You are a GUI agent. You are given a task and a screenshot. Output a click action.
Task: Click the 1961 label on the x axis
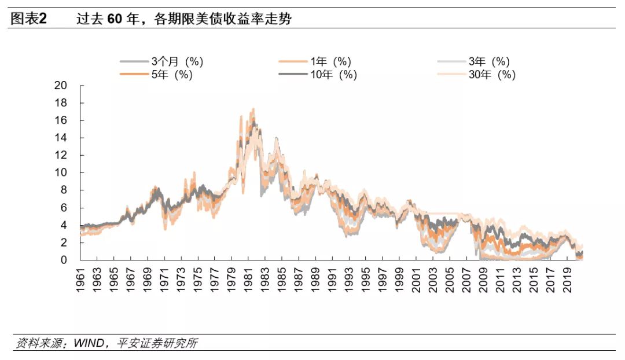(x=82, y=280)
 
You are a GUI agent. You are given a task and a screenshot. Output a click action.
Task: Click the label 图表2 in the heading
(x=28, y=19)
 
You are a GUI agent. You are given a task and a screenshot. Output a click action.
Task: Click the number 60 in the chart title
(x=115, y=19)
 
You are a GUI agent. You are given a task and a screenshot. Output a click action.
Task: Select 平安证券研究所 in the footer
(x=156, y=343)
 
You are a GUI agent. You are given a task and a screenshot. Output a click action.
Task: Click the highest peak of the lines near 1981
(x=253, y=109)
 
